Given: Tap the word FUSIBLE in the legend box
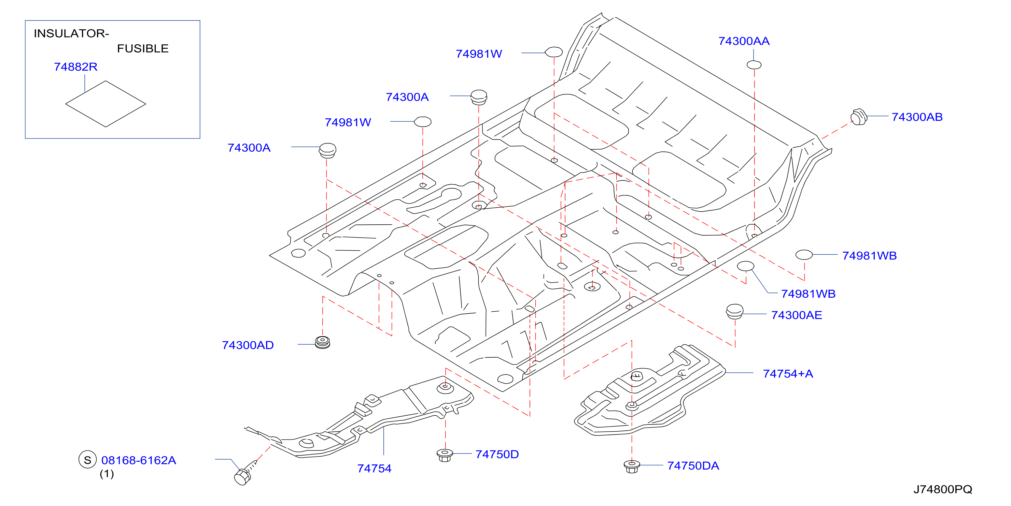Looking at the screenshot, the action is coord(143,49).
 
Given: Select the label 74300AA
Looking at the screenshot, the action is coord(744,41).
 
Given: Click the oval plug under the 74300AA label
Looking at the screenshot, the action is coord(754,65).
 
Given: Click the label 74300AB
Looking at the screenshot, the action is coord(917,117).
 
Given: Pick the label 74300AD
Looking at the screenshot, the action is coord(248,345).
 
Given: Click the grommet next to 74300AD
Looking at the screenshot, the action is coord(323,342).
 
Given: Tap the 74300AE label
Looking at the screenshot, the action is coord(796,315).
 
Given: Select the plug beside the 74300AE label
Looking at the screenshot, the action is coord(734,312).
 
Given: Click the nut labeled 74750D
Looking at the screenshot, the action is coord(445,455).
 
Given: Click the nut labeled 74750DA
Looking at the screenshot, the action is coord(632,466).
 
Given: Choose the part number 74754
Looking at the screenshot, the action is coord(374,468).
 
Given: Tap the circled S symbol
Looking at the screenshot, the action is coord(87,460).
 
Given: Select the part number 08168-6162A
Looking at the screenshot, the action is coord(139,460).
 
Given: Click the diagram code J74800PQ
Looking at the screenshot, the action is coord(943,489).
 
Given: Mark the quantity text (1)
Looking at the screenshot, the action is coord(107,474).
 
